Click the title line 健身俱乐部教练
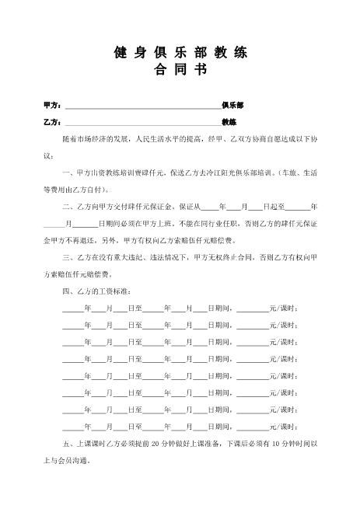pyautogui.click(x=180, y=53)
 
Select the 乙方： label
pyautogui.click(x=52, y=122)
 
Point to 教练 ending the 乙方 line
pyautogui.click(x=229, y=122)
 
